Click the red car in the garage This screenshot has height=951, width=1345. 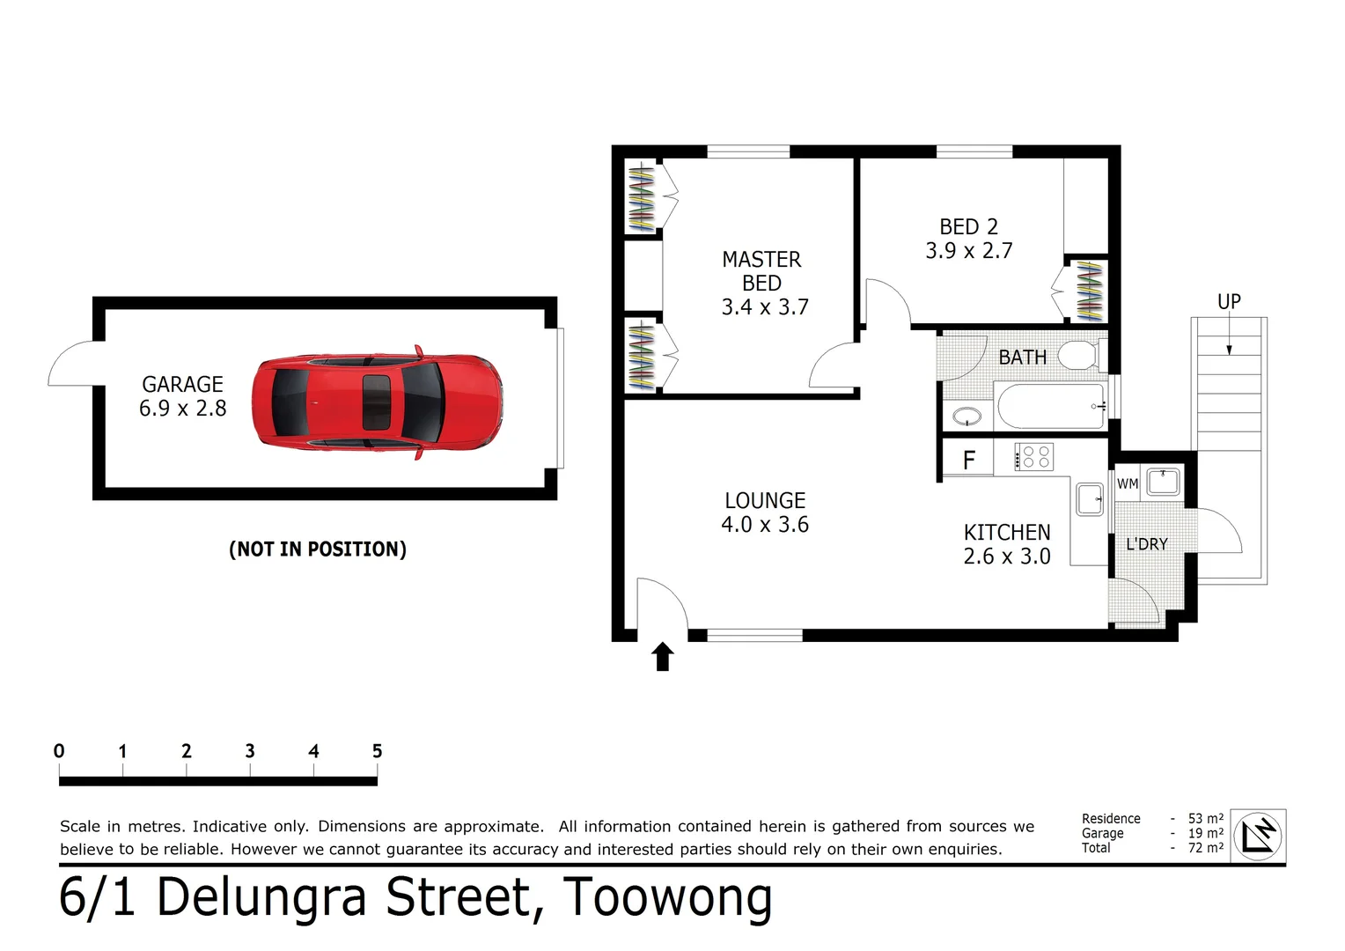[377, 402]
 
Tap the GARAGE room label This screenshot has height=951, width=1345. [182, 385]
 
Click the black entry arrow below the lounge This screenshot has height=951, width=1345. [663, 657]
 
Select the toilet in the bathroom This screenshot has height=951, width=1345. [1078, 355]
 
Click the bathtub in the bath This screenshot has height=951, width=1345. [1049, 406]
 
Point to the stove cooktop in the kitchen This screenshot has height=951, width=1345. [1033, 457]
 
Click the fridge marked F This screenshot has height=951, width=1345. [968, 461]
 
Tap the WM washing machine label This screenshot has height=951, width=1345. [1127, 483]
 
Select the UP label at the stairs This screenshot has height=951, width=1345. [1229, 302]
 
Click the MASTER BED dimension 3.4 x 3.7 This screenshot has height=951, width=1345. [764, 307]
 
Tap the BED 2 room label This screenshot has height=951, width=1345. [968, 227]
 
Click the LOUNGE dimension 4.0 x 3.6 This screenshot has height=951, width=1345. [764, 525]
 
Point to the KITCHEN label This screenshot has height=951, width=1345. [1007, 533]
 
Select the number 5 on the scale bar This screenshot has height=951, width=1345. [377, 751]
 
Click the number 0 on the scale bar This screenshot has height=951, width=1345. [59, 751]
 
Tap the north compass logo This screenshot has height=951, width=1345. [1257, 836]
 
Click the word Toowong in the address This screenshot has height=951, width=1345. [667, 898]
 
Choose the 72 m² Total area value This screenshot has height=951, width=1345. [1205, 848]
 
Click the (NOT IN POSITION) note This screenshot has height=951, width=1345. [318, 549]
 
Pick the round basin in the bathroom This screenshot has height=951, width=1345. [966, 416]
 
